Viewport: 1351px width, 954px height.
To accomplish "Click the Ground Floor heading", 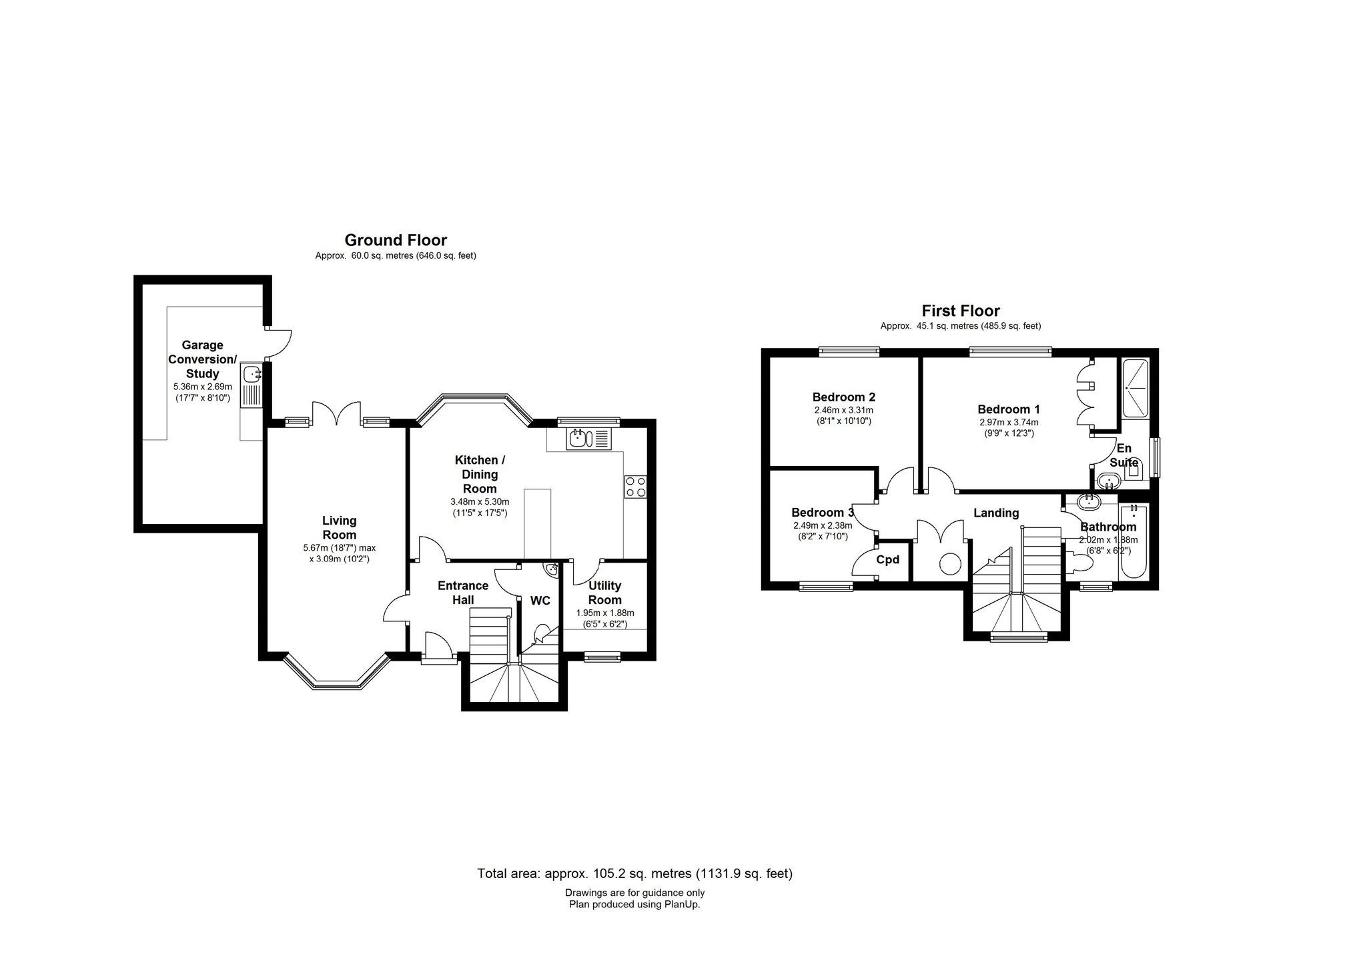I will (396, 240).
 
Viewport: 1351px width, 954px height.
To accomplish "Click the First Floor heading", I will (961, 311).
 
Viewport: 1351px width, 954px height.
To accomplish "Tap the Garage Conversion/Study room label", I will (202, 359).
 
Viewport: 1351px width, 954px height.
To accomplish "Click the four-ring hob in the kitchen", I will (635, 486).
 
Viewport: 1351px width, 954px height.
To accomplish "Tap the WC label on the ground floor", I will (540, 601).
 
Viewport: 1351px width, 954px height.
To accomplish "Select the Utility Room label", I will (604, 593).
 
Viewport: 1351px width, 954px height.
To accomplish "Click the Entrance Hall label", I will (463, 593).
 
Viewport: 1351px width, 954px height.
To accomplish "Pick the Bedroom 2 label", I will (843, 397).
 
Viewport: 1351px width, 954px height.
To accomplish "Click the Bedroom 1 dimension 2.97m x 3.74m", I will (1009, 422).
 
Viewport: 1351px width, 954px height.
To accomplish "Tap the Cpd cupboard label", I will (887, 559).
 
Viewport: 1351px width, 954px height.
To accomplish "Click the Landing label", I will (996, 513).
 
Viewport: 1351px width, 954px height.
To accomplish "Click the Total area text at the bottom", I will (634, 873).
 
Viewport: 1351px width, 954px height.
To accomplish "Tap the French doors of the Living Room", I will (337, 414).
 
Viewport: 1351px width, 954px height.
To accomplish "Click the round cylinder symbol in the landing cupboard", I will (949, 564).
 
